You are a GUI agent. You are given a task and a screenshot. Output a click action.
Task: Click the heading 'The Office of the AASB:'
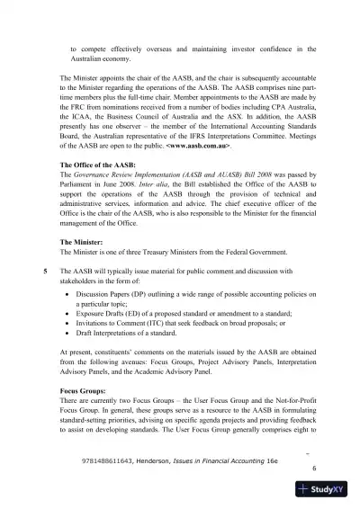click(x=97, y=166)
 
